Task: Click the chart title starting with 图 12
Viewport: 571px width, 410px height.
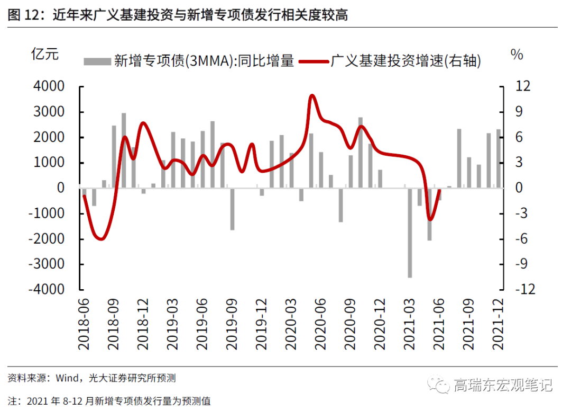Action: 178,14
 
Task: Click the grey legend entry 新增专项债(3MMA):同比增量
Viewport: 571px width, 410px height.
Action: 189,61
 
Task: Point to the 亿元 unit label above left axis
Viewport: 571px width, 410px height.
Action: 45,54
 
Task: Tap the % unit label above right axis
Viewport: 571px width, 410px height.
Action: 517,54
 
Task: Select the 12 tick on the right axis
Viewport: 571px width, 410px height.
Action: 515,86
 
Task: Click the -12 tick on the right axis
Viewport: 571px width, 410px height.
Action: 513,290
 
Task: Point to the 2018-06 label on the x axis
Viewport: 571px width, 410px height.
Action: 84,324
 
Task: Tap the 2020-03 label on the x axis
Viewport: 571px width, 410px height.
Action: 290,324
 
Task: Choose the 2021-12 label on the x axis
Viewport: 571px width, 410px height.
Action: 498,324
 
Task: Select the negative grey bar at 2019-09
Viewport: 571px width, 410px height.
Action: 232,209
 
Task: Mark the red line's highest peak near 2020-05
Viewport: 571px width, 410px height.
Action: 312,96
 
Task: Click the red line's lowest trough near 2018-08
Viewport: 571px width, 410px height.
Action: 100,239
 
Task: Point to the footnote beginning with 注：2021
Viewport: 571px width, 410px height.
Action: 109,400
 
